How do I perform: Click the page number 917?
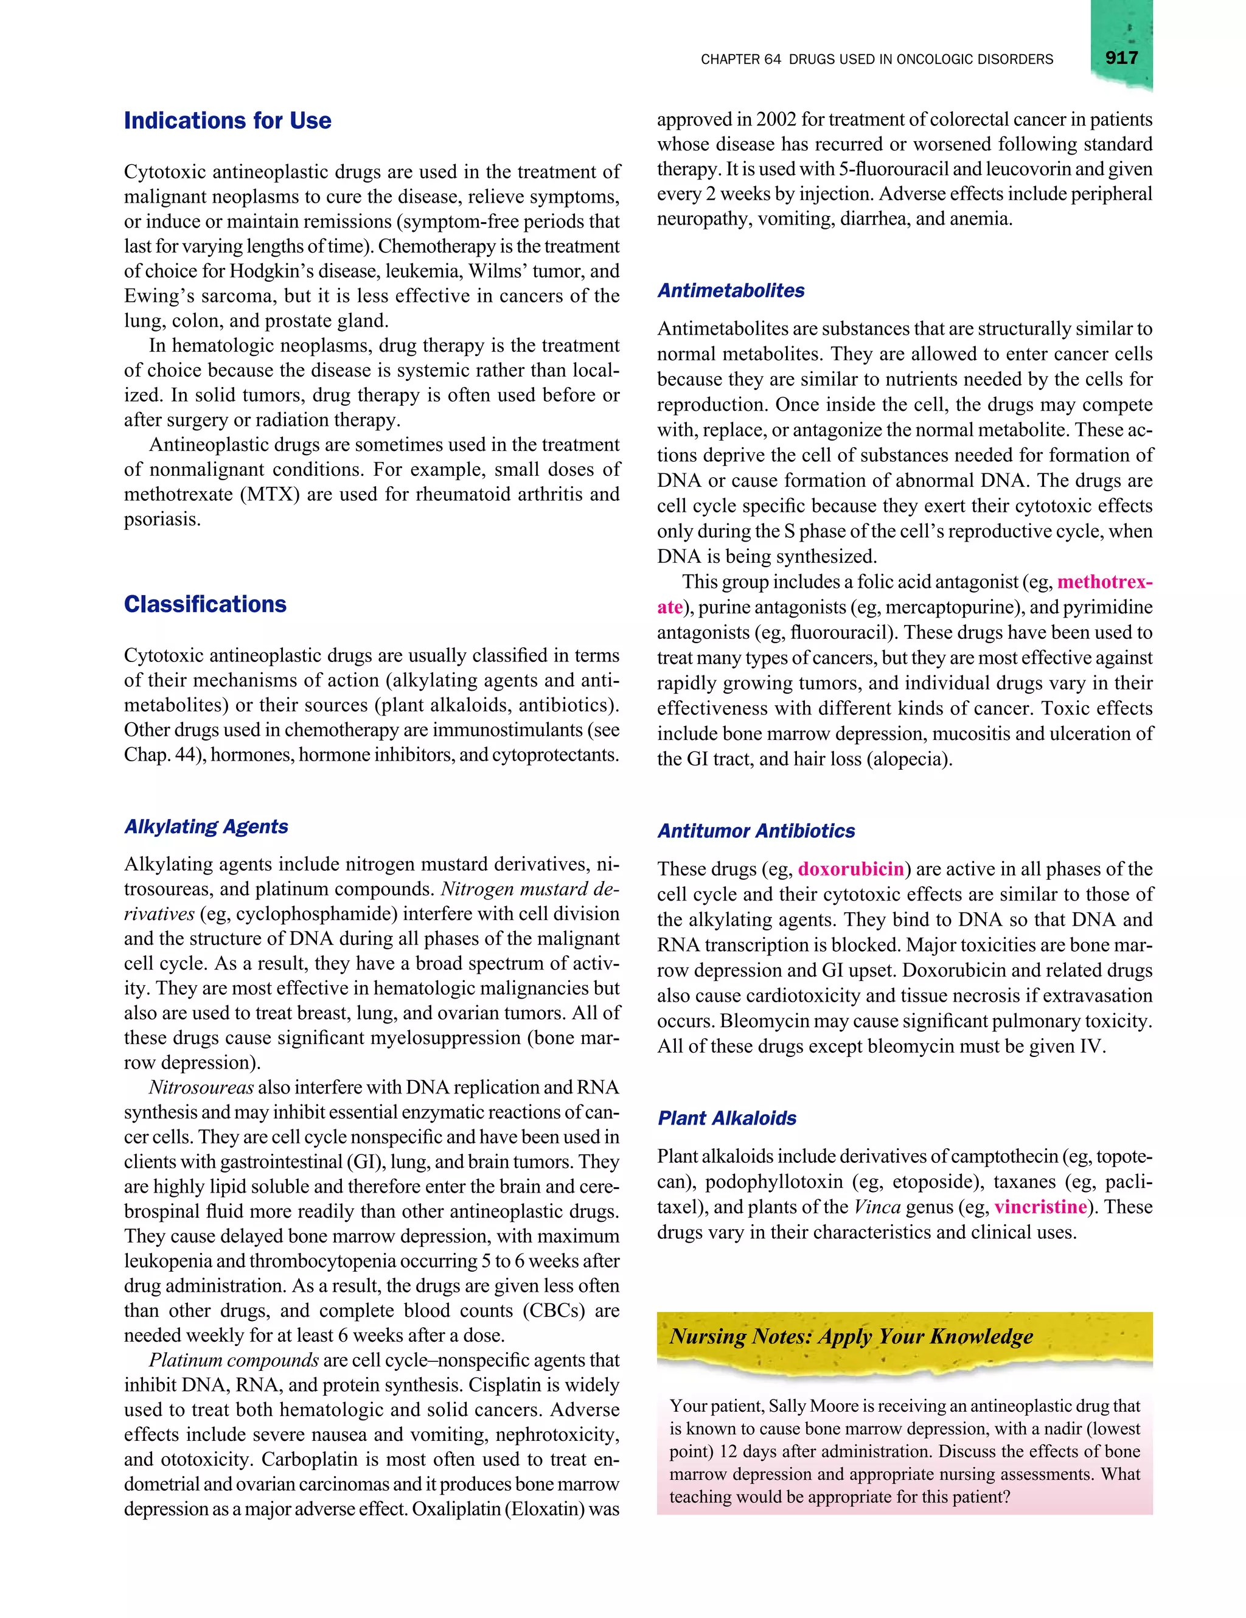[x=1121, y=58]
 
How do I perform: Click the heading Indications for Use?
[x=228, y=120]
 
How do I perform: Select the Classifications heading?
[x=204, y=604]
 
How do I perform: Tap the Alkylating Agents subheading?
[x=206, y=826]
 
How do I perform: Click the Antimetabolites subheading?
[x=731, y=290]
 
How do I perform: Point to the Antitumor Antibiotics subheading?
[x=756, y=831]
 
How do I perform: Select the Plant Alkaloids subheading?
[x=726, y=1118]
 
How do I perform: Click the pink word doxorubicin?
[x=851, y=869]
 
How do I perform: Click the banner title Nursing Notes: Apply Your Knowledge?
[x=851, y=1336]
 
